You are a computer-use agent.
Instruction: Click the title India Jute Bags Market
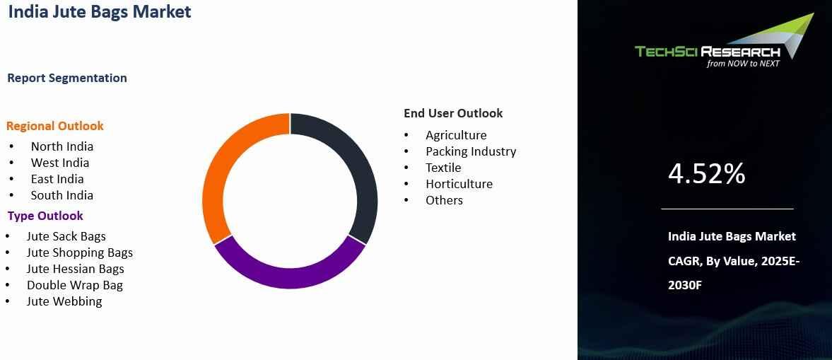(x=100, y=12)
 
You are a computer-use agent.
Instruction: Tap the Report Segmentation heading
(x=67, y=78)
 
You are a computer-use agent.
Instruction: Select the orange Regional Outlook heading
(x=54, y=127)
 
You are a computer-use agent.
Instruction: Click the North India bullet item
(x=62, y=146)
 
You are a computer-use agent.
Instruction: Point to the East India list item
(x=57, y=179)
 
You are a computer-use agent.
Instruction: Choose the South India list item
(x=62, y=195)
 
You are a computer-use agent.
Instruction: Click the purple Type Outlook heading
(x=45, y=216)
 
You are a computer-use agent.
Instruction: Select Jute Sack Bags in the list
(x=66, y=236)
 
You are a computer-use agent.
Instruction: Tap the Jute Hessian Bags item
(x=76, y=269)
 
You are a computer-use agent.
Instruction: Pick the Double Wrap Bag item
(x=75, y=285)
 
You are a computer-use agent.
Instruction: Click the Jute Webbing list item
(x=64, y=301)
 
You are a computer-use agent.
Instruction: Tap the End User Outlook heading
(x=453, y=113)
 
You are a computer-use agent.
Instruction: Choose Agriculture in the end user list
(x=456, y=135)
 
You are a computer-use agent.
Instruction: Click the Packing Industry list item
(x=471, y=151)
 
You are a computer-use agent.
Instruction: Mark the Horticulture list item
(x=459, y=185)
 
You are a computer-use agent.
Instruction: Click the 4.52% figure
(x=706, y=173)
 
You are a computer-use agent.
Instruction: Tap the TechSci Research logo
(x=725, y=41)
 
